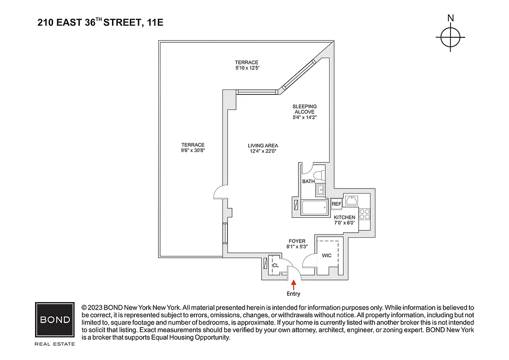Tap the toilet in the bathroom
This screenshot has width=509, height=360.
[318, 175]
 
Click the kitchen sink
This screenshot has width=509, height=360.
[351, 200]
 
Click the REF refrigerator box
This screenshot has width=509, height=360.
[336, 204]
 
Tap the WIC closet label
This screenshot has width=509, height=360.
[326, 256]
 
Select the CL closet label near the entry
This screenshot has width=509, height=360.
[276, 265]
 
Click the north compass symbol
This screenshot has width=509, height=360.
[450, 37]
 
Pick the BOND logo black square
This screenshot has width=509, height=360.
[55, 320]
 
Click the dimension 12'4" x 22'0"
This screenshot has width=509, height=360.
[263, 151]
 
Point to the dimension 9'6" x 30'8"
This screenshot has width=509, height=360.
[192, 151]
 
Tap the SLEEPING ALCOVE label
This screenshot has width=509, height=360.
[304, 109]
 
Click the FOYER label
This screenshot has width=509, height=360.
[297, 241]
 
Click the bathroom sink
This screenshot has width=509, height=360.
[321, 190]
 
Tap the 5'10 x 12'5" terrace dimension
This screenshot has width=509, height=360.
[247, 68]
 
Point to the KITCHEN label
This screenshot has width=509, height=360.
[344, 217]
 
